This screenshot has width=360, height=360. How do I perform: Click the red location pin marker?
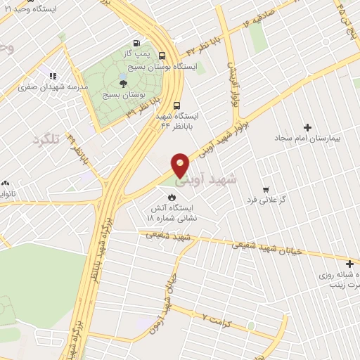(x=181, y=166)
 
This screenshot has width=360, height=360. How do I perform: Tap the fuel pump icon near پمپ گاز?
(x=136, y=42)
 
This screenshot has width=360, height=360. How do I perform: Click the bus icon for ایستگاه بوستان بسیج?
(x=162, y=56)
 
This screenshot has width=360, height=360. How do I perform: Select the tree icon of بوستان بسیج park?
(x=123, y=83)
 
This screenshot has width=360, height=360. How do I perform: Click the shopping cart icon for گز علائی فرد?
(x=265, y=189)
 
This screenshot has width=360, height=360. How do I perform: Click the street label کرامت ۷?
(x=214, y=318)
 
